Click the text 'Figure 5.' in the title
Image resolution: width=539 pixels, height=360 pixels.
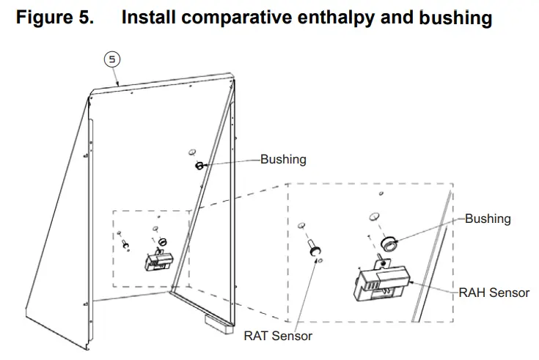(55, 18)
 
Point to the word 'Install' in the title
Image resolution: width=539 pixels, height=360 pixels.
(149, 18)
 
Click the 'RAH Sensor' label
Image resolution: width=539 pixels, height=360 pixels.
(494, 293)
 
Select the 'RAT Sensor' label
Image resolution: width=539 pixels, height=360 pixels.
(278, 336)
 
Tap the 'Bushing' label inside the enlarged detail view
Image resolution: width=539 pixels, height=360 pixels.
(488, 218)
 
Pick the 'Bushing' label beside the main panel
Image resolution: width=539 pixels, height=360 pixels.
(283, 159)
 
